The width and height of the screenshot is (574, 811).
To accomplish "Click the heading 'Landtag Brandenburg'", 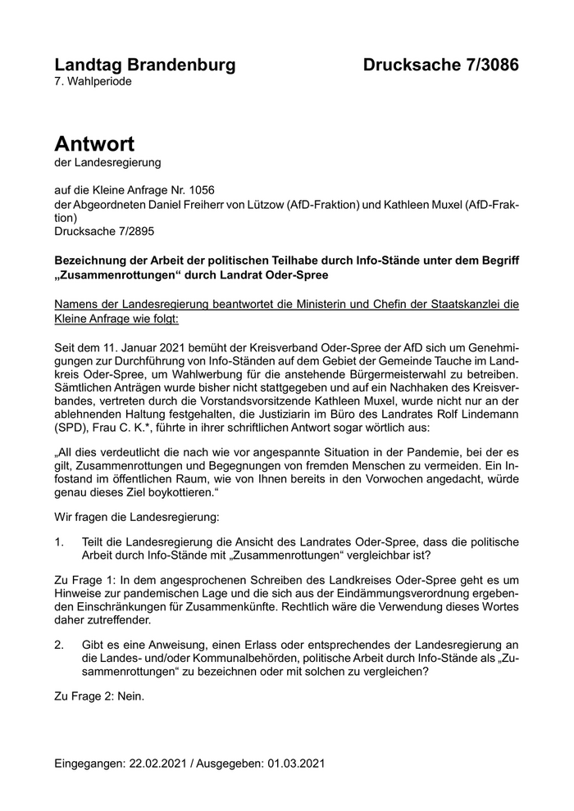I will pos(144,65).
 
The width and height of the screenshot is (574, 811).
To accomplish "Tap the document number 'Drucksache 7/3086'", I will pos(440,65).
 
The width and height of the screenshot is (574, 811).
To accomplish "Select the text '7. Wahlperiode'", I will pos(93,82).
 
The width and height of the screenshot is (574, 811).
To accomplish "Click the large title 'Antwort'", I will pos(94,144).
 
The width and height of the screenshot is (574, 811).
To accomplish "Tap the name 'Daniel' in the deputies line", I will pos(176,204).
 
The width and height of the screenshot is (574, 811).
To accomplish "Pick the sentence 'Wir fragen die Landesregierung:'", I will pos(136,518).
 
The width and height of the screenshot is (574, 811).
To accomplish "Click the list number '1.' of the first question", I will pos(59,542).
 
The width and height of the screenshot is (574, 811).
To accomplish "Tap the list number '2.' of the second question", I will pos(59,644).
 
